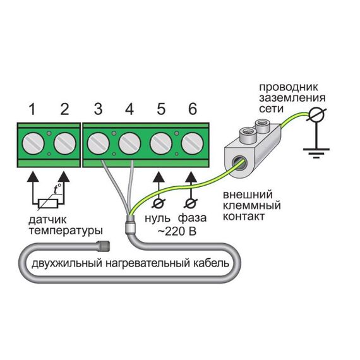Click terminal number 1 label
(x=32, y=109)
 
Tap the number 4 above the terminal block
(x=129, y=109)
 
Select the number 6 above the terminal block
(x=193, y=109)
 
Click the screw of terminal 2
(x=65, y=144)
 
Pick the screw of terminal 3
(x=99, y=144)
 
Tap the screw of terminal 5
(x=161, y=144)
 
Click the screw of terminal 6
(x=193, y=144)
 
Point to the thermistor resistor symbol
(x=48, y=203)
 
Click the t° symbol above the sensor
(x=57, y=189)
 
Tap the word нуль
(x=157, y=218)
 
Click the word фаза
(x=193, y=218)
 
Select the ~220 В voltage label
(x=177, y=231)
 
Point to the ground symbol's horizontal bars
(x=316, y=153)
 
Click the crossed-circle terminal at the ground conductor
(x=316, y=114)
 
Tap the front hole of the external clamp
(x=239, y=163)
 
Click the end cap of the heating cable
(x=104, y=246)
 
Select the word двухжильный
(x=67, y=263)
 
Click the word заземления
(x=292, y=98)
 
